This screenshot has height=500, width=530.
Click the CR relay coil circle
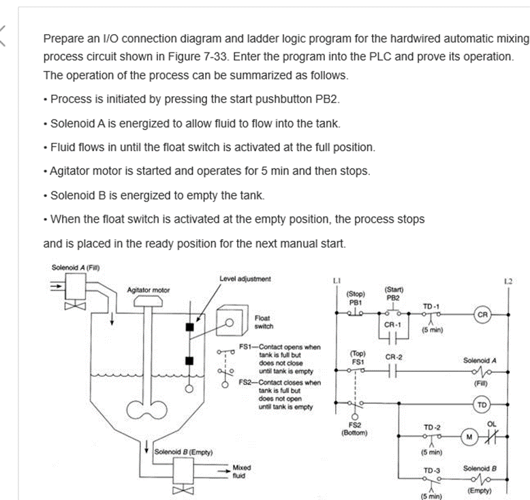tap(483, 315)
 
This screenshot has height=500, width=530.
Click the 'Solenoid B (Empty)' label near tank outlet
tap(184, 451)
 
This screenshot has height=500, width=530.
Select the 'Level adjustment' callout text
tap(245, 279)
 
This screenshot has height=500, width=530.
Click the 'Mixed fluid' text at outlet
tap(243, 472)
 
